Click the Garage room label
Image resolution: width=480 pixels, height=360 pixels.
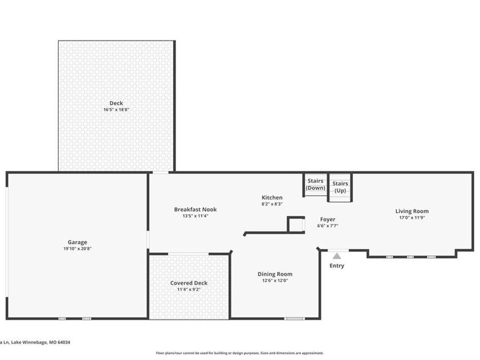pyautogui.click(x=77, y=242)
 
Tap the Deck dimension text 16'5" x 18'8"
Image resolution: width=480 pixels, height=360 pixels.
pyautogui.click(x=116, y=110)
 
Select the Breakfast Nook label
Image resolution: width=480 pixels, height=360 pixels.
pyautogui.click(x=195, y=210)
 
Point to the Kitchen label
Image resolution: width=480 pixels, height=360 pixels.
pyautogui.click(x=272, y=198)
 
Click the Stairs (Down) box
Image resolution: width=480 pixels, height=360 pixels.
pyautogui.click(x=315, y=185)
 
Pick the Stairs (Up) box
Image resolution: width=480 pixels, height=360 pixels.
pyautogui.click(x=340, y=187)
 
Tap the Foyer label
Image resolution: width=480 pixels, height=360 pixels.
pyautogui.click(x=327, y=219)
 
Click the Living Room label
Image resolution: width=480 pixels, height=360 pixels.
pyautogui.click(x=412, y=211)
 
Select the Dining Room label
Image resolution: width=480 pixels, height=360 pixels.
pyautogui.click(x=275, y=274)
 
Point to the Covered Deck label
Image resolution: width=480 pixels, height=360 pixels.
pyautogui.click(x=189, y=283)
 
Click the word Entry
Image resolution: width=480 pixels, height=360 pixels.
pyautogui.click(x=337, y=266)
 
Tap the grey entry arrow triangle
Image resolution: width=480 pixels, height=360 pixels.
pyautogui.click(x=337, y=256)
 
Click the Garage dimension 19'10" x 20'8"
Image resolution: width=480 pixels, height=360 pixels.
pyautogui.click(x=77, y=249)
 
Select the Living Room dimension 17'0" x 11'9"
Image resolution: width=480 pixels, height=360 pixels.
pyautogui.click(x=412, y=218)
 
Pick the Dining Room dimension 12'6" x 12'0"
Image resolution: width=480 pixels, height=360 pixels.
pyautogui.click(x=275, y=281)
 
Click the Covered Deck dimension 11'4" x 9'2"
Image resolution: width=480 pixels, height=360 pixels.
pyautogui.click(x=189, y=290)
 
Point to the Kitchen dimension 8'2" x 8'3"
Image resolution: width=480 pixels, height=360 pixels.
pyautogui.click(x=272, y=204)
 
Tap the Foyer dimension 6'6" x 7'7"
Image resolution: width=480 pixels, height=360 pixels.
pyautogui.click(x=327, y=226)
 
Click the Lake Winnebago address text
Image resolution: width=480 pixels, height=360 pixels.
pyautogui.click(x=35, y=342)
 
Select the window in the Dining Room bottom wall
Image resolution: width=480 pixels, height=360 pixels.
pyautogui.click(x=294, y=318)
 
